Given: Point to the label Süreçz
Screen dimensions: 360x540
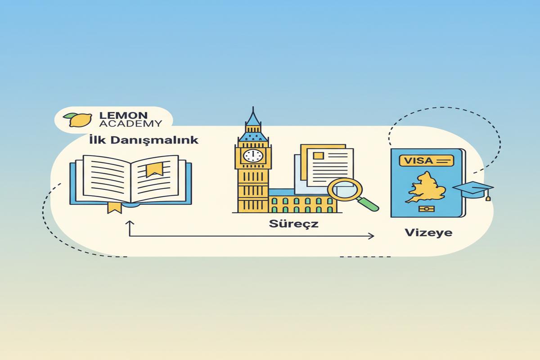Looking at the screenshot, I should pyautogui.click(x=287, y=223).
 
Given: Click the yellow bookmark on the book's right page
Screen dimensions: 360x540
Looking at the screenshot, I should pyautogui.click(x=154, y=170).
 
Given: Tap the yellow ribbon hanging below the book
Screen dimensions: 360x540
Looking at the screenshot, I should pyautogui.click(x=114, y=207).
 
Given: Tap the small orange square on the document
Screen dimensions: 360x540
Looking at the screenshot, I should pyautogui.click(x=319, y=156).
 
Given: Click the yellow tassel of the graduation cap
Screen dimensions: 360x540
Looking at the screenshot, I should pyautogui.click(x=487, y=197).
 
